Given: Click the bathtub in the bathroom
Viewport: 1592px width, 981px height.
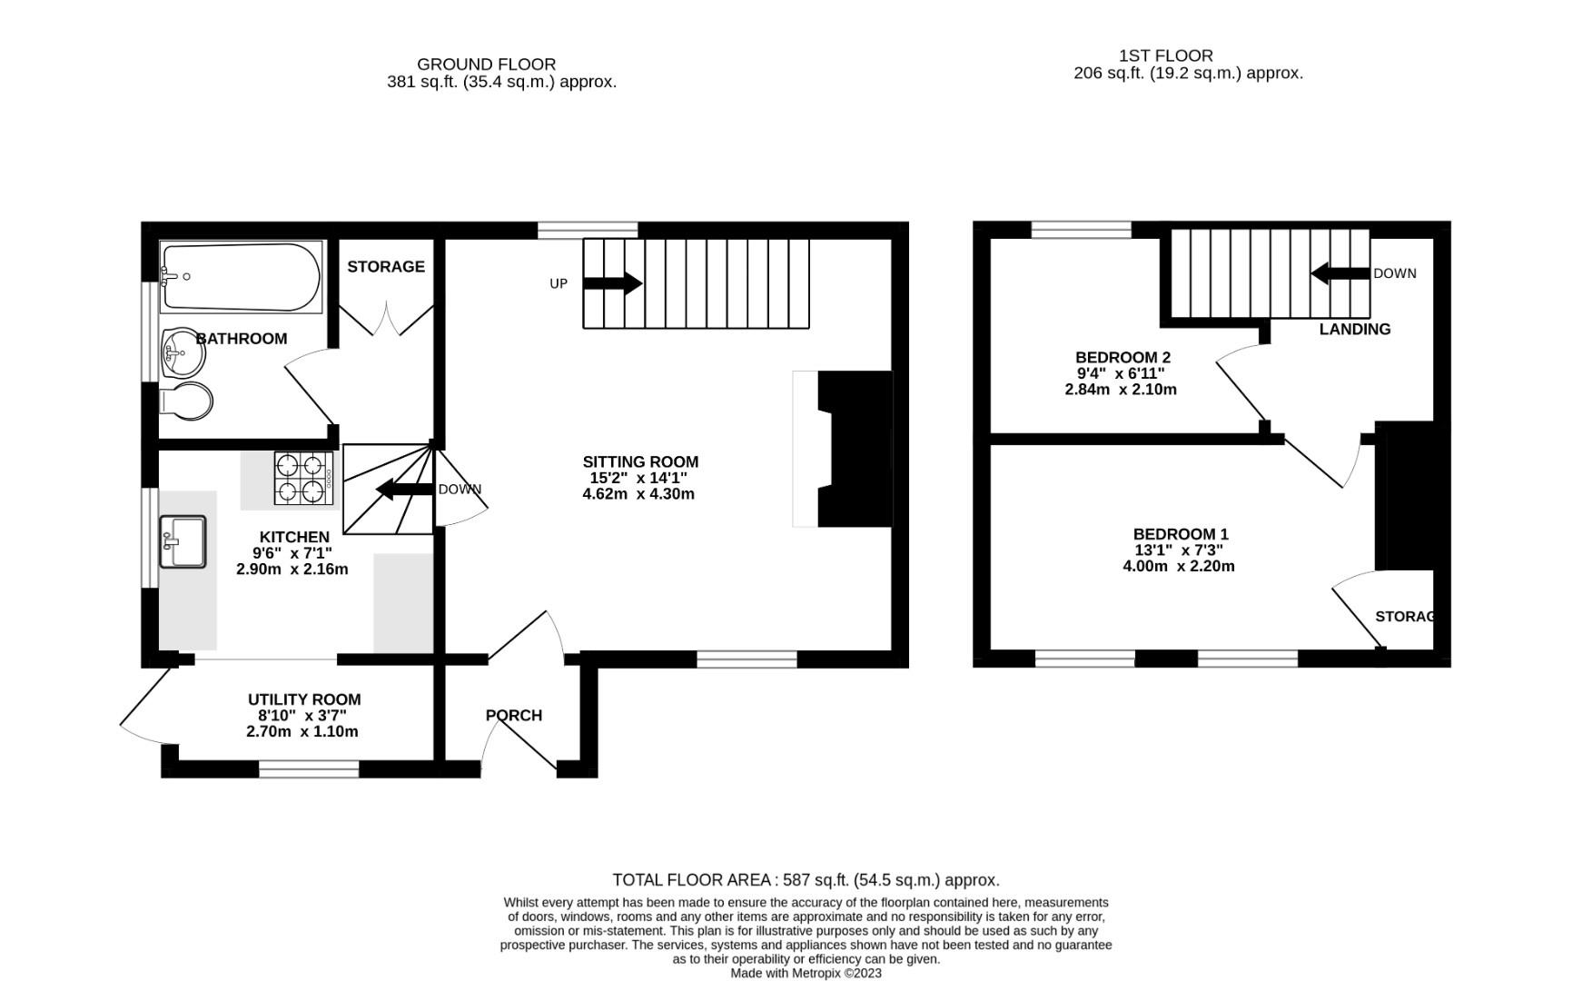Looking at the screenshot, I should [x=241, y=276].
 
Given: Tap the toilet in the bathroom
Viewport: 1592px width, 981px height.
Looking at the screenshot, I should [x=187, y=401].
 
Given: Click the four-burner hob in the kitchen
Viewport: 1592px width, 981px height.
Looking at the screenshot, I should [x=302, y=478].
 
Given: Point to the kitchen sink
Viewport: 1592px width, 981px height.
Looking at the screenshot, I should [x=183, y=541].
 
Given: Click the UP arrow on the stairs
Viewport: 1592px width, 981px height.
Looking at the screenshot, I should [x=612, y=283].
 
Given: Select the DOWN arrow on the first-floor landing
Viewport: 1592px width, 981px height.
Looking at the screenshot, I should [x=1340, y=273].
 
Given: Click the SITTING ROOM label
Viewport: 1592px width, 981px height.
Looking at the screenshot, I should [x=640, y=461].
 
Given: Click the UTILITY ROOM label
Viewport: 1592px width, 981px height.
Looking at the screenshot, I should [x=304, y=699].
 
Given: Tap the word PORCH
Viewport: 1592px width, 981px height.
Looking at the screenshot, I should [x=514, y=716].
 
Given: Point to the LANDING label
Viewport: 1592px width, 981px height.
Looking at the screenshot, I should [x=1354, y=329].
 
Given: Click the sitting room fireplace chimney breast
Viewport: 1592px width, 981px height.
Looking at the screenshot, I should [x=855, y=449].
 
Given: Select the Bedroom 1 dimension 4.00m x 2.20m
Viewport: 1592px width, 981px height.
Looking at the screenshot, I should [x=1178, y=566].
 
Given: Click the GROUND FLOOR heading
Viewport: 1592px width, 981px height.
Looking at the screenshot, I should [x=486, y=64].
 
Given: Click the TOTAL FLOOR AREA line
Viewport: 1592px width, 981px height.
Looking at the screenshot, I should [x=806, y=879].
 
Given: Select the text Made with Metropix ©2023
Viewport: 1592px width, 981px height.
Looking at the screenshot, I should [x=806, y=973].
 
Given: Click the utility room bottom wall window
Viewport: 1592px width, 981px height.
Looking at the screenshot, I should [x=309, y=770].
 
